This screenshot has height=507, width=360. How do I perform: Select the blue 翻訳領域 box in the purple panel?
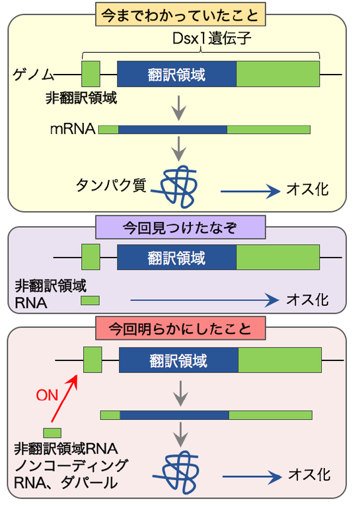click(176, 257)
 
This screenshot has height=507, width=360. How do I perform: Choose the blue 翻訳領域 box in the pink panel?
click(178, 360)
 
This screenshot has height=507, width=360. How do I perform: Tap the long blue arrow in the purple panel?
click(205, 300)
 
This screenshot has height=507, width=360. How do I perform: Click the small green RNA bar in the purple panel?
click(90, 301)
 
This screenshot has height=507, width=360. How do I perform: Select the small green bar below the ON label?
click(52, 433)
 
